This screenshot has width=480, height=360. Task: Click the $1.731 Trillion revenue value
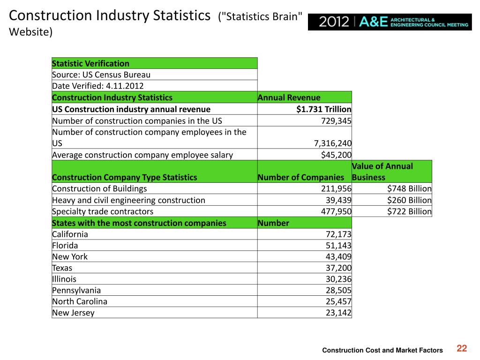coord(324,109)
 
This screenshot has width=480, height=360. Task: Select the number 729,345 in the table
coord(336,121)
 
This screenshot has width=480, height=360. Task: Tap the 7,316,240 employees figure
coord(333,143)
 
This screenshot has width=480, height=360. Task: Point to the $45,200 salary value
coord(336,155)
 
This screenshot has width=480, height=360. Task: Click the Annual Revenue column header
coord(289,97)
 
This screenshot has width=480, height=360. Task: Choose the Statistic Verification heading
coord(90,63)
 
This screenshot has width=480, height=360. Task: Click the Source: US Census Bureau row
coord(101,75)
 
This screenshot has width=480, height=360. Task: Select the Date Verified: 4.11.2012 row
coord(98,86)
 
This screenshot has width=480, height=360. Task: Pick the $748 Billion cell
coord(409,188)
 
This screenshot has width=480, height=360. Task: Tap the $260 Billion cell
coord(409,200)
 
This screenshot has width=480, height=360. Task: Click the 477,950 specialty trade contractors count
coord(336,211)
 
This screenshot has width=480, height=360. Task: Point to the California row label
coord(70,234)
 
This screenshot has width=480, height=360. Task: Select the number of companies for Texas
coord(338,268)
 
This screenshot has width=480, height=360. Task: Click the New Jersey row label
coord(74,313)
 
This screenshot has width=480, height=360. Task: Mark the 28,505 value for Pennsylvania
coord(338,290)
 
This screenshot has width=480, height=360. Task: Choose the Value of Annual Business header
coord(382,172)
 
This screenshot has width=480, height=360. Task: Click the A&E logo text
coord(373,22)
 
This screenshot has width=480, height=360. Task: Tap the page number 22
coord(462,348)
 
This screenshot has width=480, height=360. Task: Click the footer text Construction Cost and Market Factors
coord(382,350)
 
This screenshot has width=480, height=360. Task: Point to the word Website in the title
coord(29,32)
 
